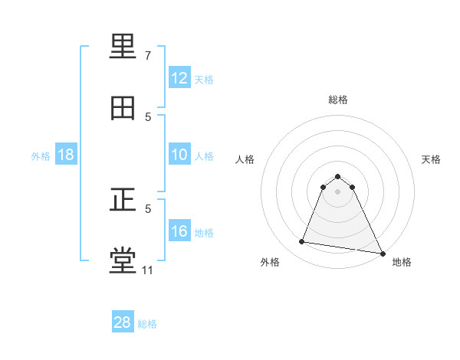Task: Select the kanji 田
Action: point(124,108)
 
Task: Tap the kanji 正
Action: point(124,201)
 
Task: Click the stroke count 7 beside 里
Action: point(148,56)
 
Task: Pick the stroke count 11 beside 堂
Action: point(148,270)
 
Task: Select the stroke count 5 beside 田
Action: point(148,116)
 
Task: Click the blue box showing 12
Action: point(179,78)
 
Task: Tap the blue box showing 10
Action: point(179,155)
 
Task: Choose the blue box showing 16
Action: point(179,231)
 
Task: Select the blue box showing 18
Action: point(66,155)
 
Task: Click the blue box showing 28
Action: point(123,322)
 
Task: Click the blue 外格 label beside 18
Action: point(41,155)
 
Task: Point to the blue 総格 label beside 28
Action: point(147,324)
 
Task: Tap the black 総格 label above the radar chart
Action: point(338,100)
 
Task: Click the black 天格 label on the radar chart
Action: point(432,159)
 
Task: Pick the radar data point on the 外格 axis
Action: point(302,242)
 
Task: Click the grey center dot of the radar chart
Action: point(338,191)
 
